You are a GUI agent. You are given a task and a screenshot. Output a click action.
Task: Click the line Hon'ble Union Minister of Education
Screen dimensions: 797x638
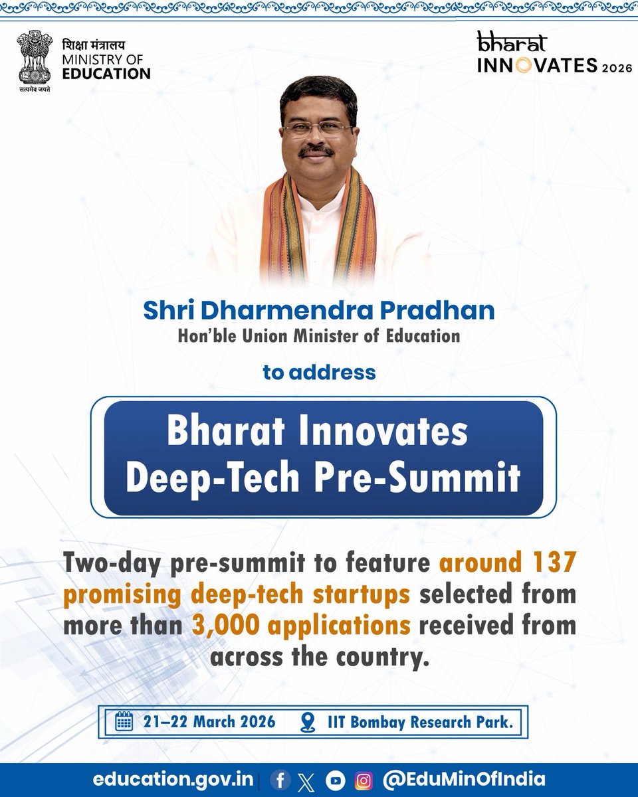coord(318,336)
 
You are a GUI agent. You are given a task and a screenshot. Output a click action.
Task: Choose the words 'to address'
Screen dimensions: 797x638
coord(319,372)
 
